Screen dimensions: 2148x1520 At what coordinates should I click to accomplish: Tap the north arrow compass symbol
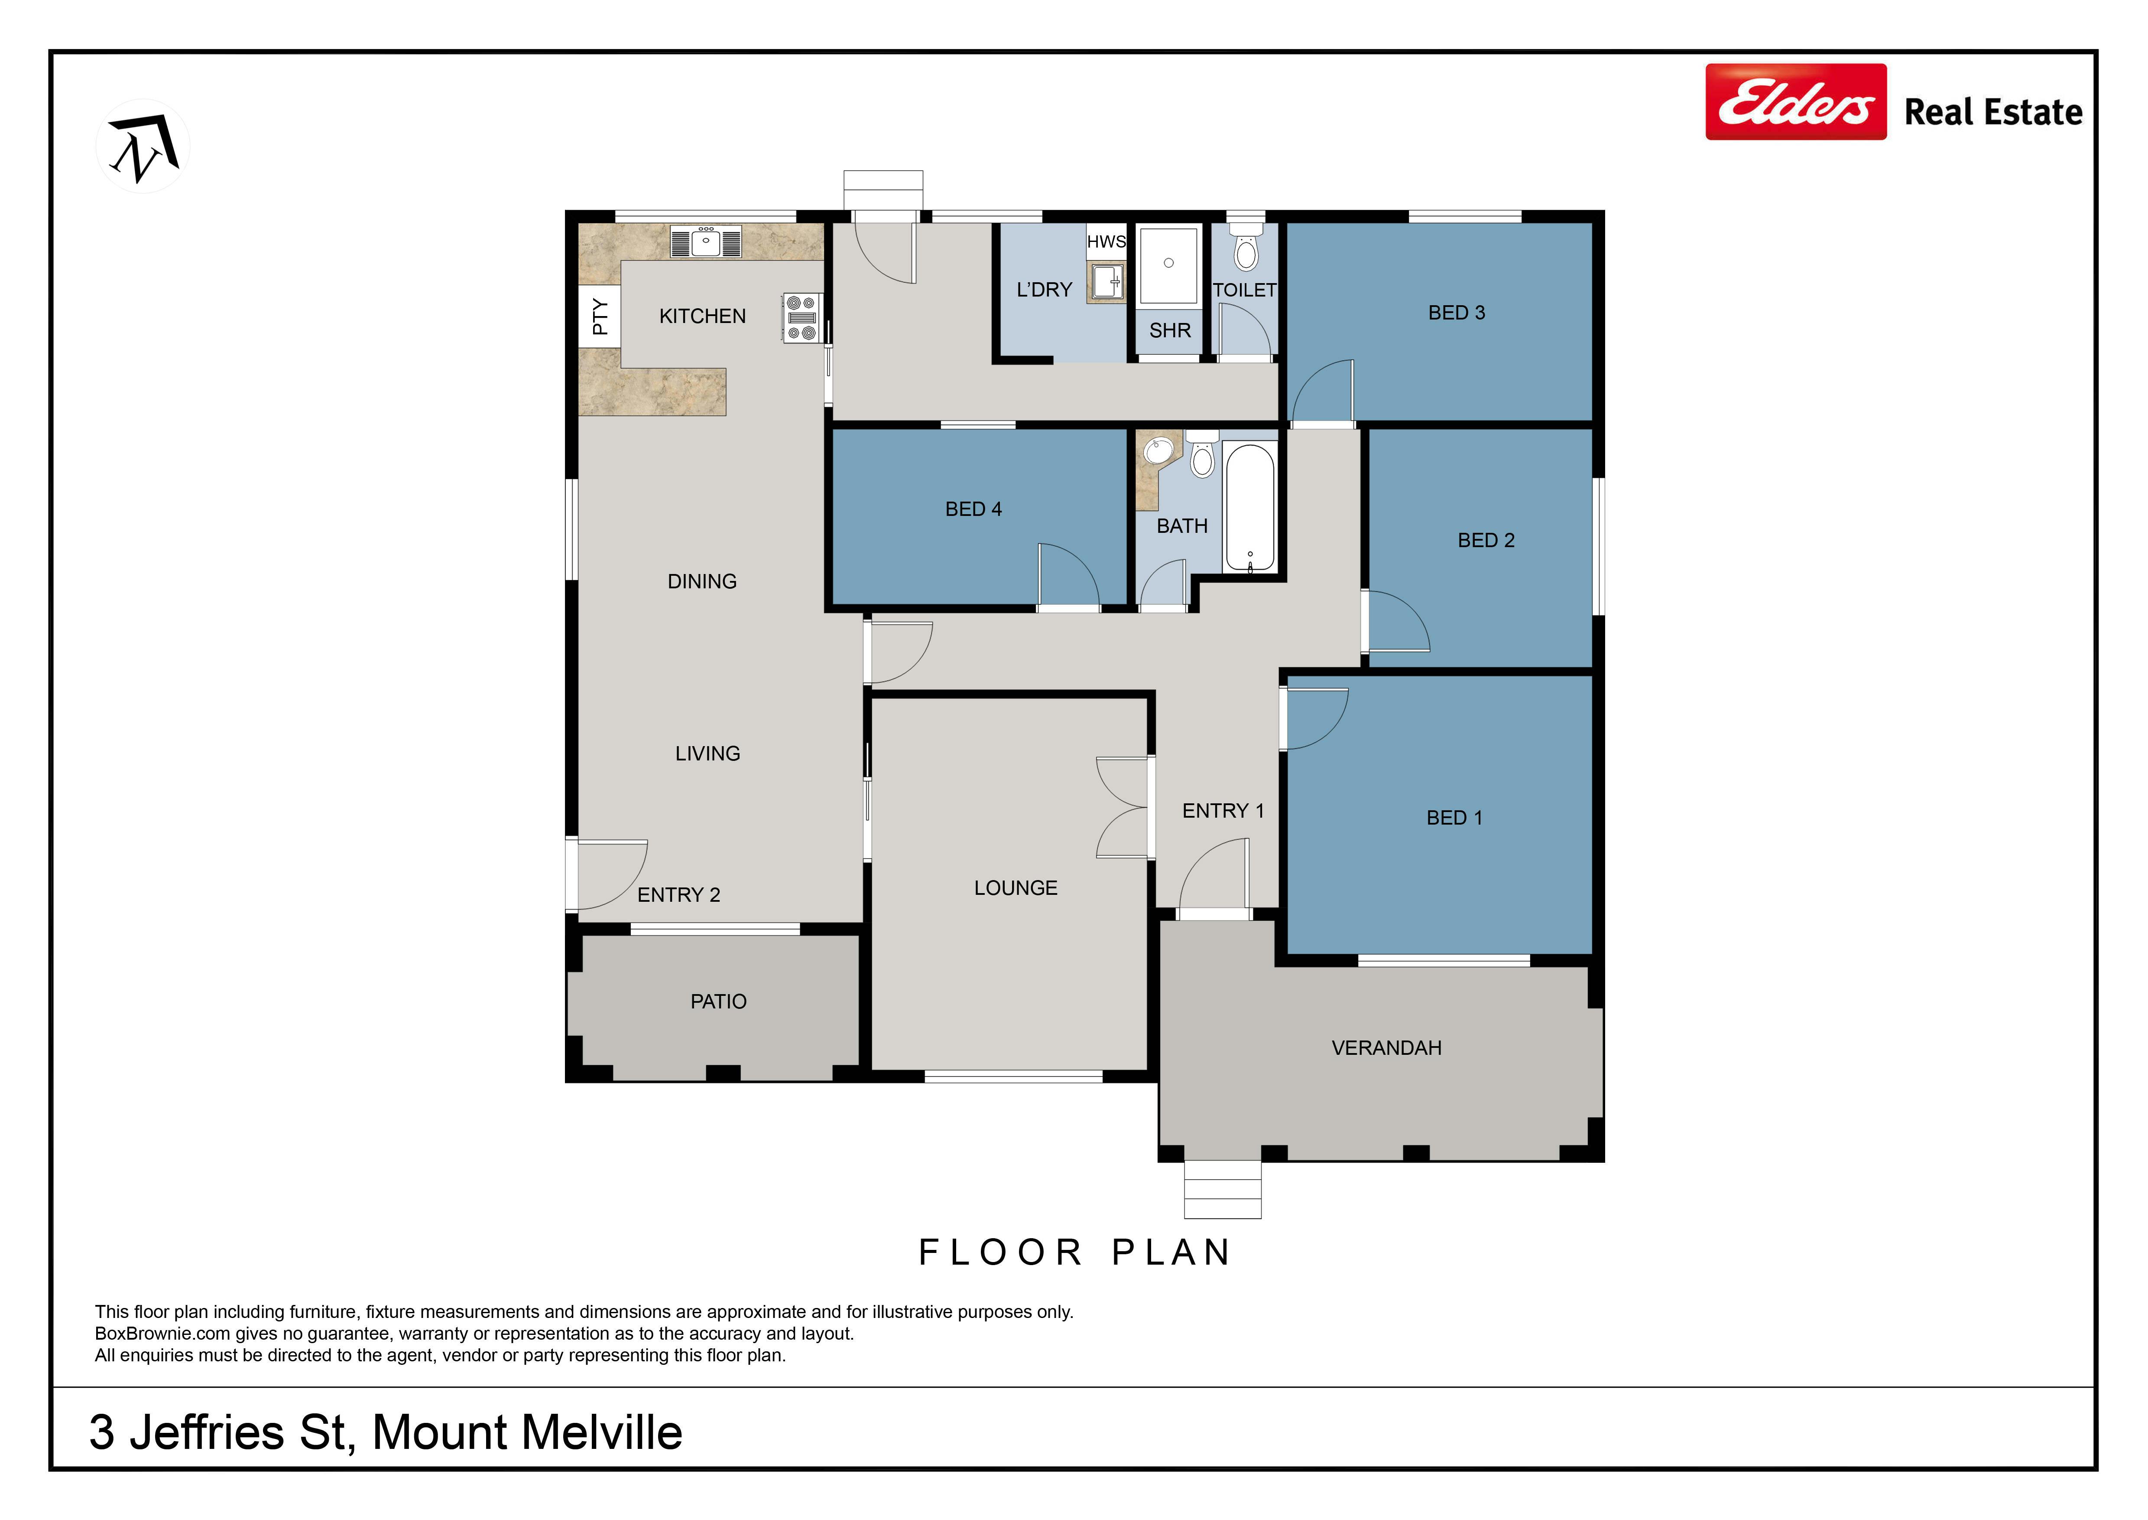[143, 146]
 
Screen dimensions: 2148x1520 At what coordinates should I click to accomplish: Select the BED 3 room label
[1457, 313]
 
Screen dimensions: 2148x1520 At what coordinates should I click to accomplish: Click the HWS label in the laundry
[1106, 241]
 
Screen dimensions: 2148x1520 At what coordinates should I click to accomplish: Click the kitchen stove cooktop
[802, 317]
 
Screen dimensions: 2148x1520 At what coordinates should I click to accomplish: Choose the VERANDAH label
[1386, 1048]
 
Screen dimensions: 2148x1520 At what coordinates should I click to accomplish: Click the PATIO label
[718, 1001]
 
